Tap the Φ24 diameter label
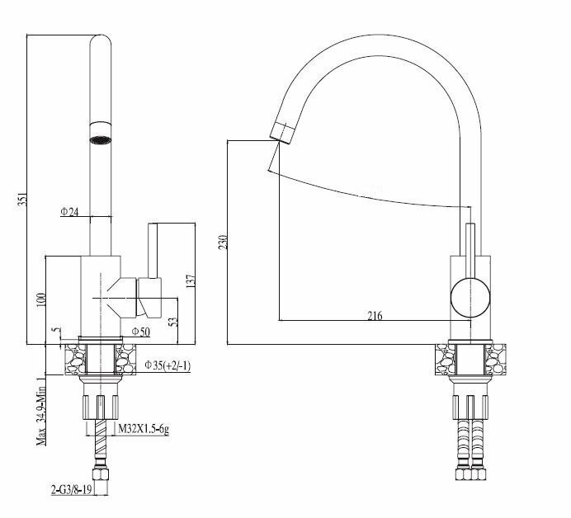69,213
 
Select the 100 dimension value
40,298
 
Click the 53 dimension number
172,321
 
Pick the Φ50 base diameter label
140,332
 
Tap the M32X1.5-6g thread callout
144,429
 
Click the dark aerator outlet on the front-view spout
100,138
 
